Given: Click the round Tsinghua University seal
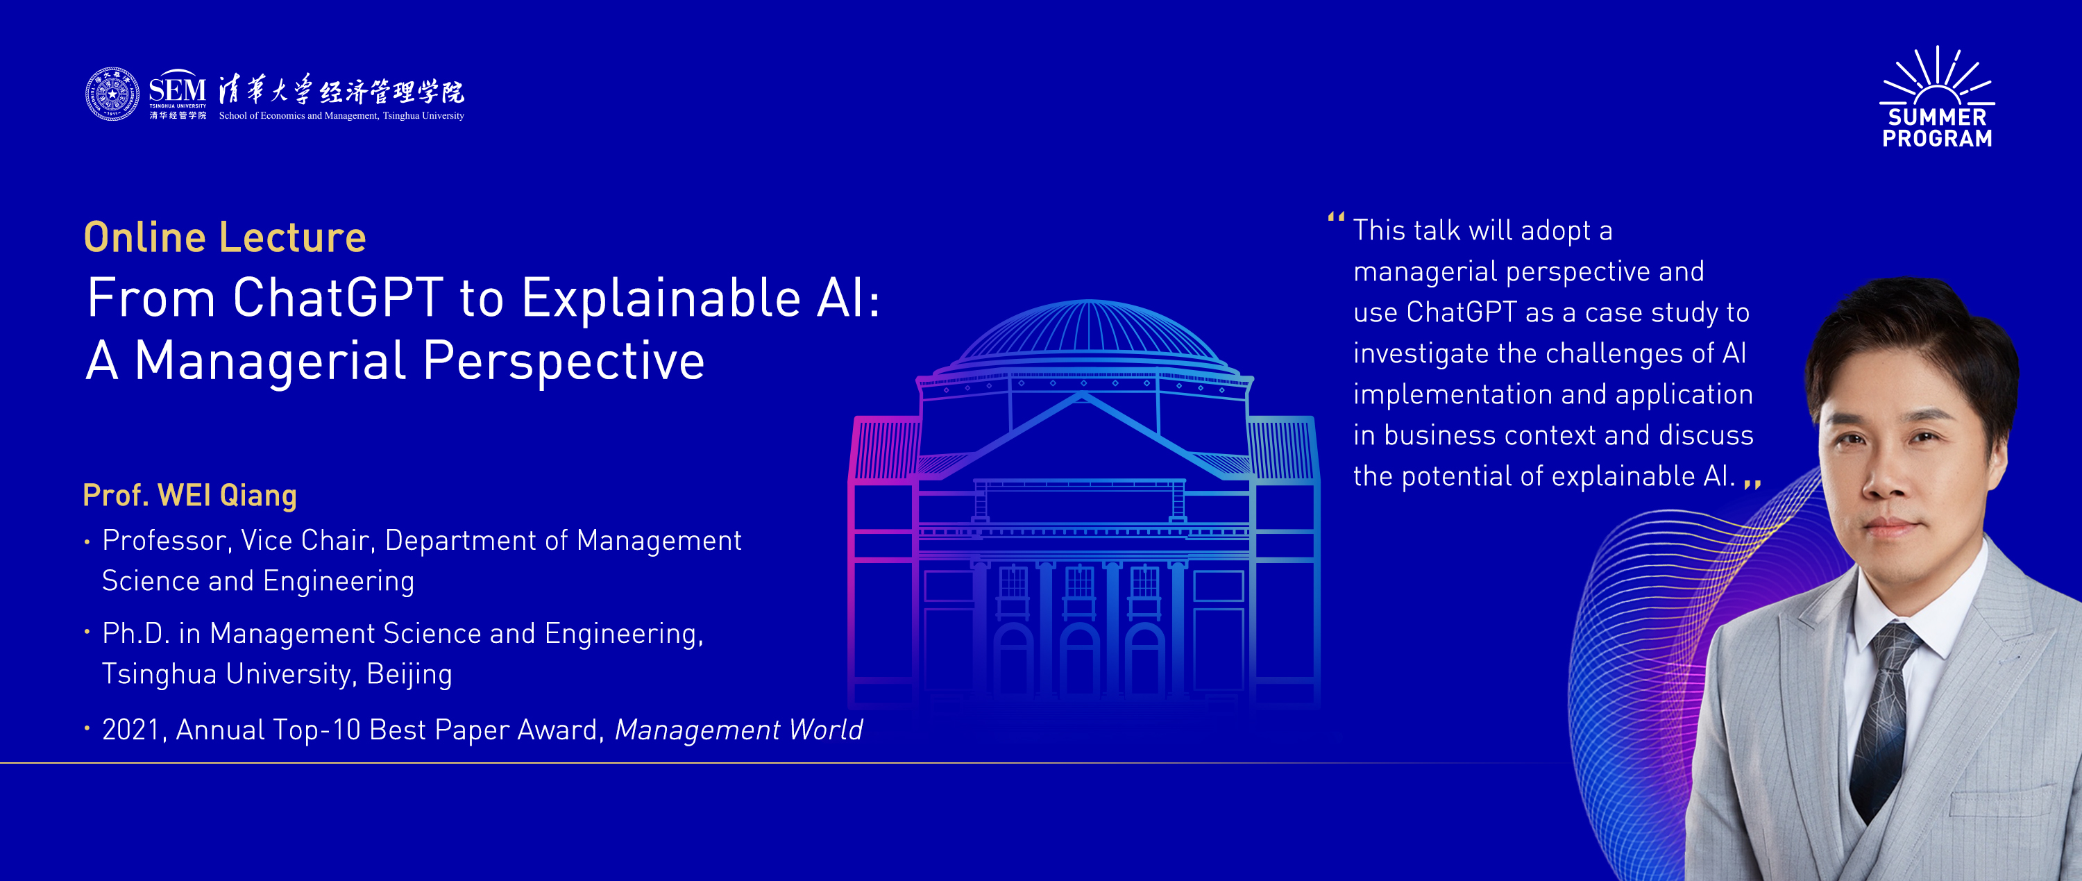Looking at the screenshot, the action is [112, 94].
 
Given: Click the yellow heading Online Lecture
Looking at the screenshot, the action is [226, 237].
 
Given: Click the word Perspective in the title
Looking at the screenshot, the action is [564, 361].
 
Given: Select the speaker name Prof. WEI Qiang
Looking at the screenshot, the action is [190, 495].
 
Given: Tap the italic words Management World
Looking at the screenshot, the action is [738, 729].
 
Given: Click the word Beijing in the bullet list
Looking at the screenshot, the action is [409, 674].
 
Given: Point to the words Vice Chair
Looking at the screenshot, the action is [305, 540].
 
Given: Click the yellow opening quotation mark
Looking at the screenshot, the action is [1336, 217].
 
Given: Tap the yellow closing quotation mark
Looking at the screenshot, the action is [1752, 483].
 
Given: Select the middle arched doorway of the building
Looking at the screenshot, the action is [1079, 659].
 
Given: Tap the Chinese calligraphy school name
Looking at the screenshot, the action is [342, 90].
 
